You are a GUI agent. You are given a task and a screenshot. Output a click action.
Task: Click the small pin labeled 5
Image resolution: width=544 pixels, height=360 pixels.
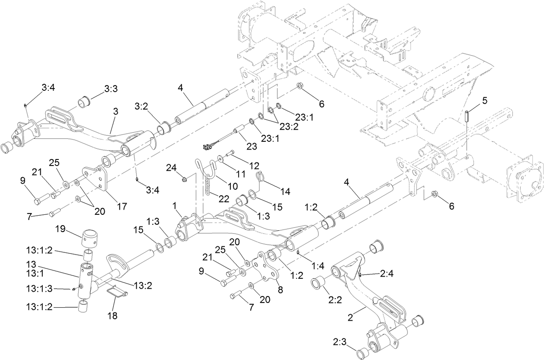point(467,116)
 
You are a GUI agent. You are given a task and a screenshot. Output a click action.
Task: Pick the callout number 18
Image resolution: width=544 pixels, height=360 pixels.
point(112,315)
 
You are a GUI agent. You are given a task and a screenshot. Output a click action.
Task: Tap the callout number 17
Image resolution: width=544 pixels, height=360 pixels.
point(122,206)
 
